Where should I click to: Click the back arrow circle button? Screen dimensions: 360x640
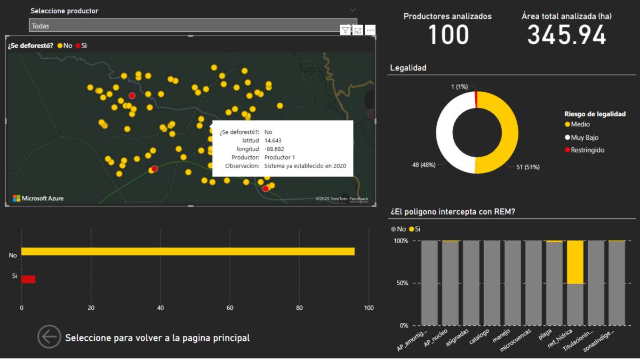(x=49, y=337)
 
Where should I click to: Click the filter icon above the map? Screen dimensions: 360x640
(x=346, y=30)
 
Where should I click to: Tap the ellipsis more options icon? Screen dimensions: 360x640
(x=370, y=30)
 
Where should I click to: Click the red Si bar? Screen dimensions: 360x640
(x=28, y=279)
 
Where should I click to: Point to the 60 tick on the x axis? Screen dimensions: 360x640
(x=230, y=308)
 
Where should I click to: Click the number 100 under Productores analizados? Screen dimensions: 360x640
(x=448, y=35)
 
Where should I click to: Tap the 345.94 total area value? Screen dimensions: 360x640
(x=566, y=35)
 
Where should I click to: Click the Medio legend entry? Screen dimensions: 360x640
(x=580, y=124)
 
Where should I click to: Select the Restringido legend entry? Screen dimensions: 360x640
(x=587, y=150)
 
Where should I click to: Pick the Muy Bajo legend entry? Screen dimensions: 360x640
(x=585, y=137)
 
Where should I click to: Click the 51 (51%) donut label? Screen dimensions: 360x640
(x=527, y=167)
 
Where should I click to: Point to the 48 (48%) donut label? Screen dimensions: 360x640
(x=423, y=165)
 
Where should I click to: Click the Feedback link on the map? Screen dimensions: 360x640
(x=359, y=199)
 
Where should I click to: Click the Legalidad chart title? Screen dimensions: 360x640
(x=408, y=68)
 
